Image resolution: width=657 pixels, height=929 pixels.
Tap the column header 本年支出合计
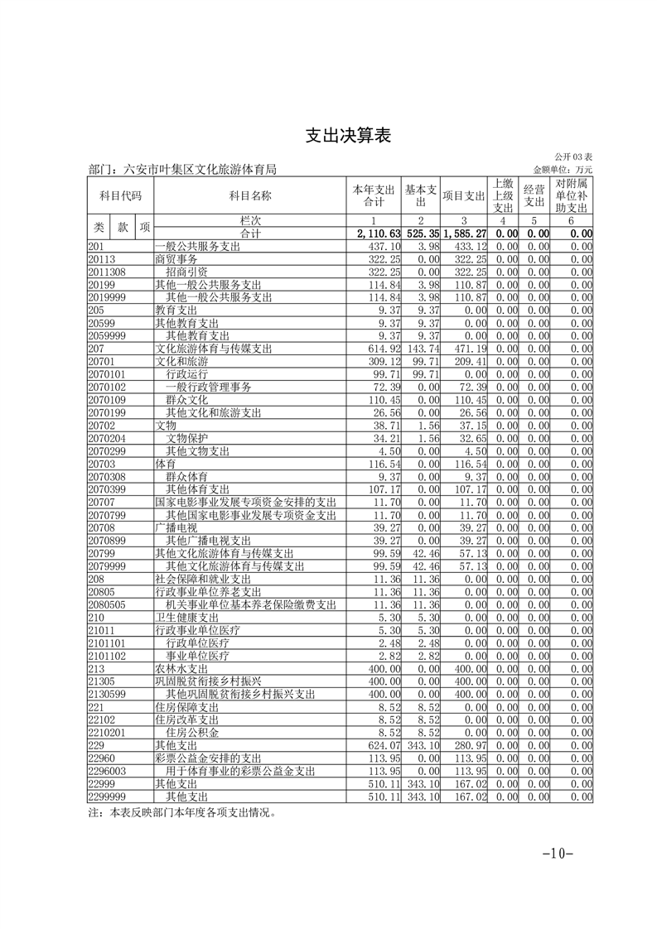(374, 195)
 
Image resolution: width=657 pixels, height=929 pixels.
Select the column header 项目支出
(464, 195)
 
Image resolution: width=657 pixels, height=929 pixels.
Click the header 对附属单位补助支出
(571, 195)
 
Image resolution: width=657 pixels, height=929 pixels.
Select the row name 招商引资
(186, 272)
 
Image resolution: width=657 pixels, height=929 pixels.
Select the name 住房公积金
(192, 733)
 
